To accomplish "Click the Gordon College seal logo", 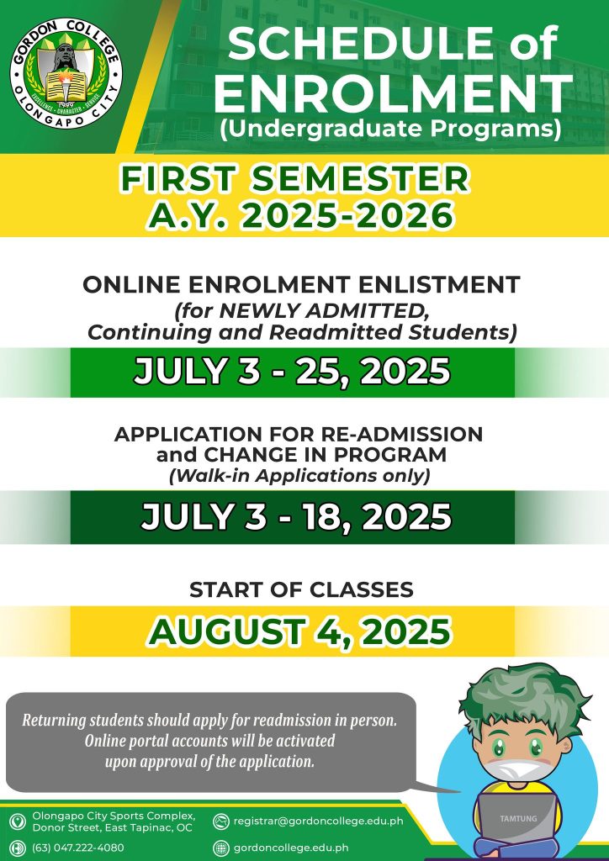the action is pyautogui.click(x=66, y=74).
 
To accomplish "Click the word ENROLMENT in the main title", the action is pyautogui.click(x=393, y=94).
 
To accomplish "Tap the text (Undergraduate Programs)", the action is pyautogui.click(x=390, y=128).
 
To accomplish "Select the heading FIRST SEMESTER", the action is pyautogui.click(x=295, y=179).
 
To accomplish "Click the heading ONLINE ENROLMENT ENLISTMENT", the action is pyautogui.click(x=301, y=285).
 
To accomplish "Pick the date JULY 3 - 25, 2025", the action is pyautogui.click(x=292, y=372).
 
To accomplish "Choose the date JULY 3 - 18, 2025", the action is pyautogui.click(x=296, y=517).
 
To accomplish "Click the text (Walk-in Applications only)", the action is pyautogui.click(x=299, y=476).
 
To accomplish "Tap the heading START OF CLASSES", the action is pyautogui.click(x=301, y=589).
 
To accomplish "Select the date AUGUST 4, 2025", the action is pyautogui.click(x=299, y=631).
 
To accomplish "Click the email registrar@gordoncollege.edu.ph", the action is pyautogui.click(x=318, y=821).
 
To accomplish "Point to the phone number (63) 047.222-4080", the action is pyautogui.click(x=78, y=848).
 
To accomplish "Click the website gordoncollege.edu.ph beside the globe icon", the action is pyautogui.click(x=290, y=848).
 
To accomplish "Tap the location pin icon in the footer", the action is pyautogui.click(x=19, y=821).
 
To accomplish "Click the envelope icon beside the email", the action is pyautogui.click(x=220, y=821).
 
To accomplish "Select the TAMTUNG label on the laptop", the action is pyautogui.click(x=518, y=819).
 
